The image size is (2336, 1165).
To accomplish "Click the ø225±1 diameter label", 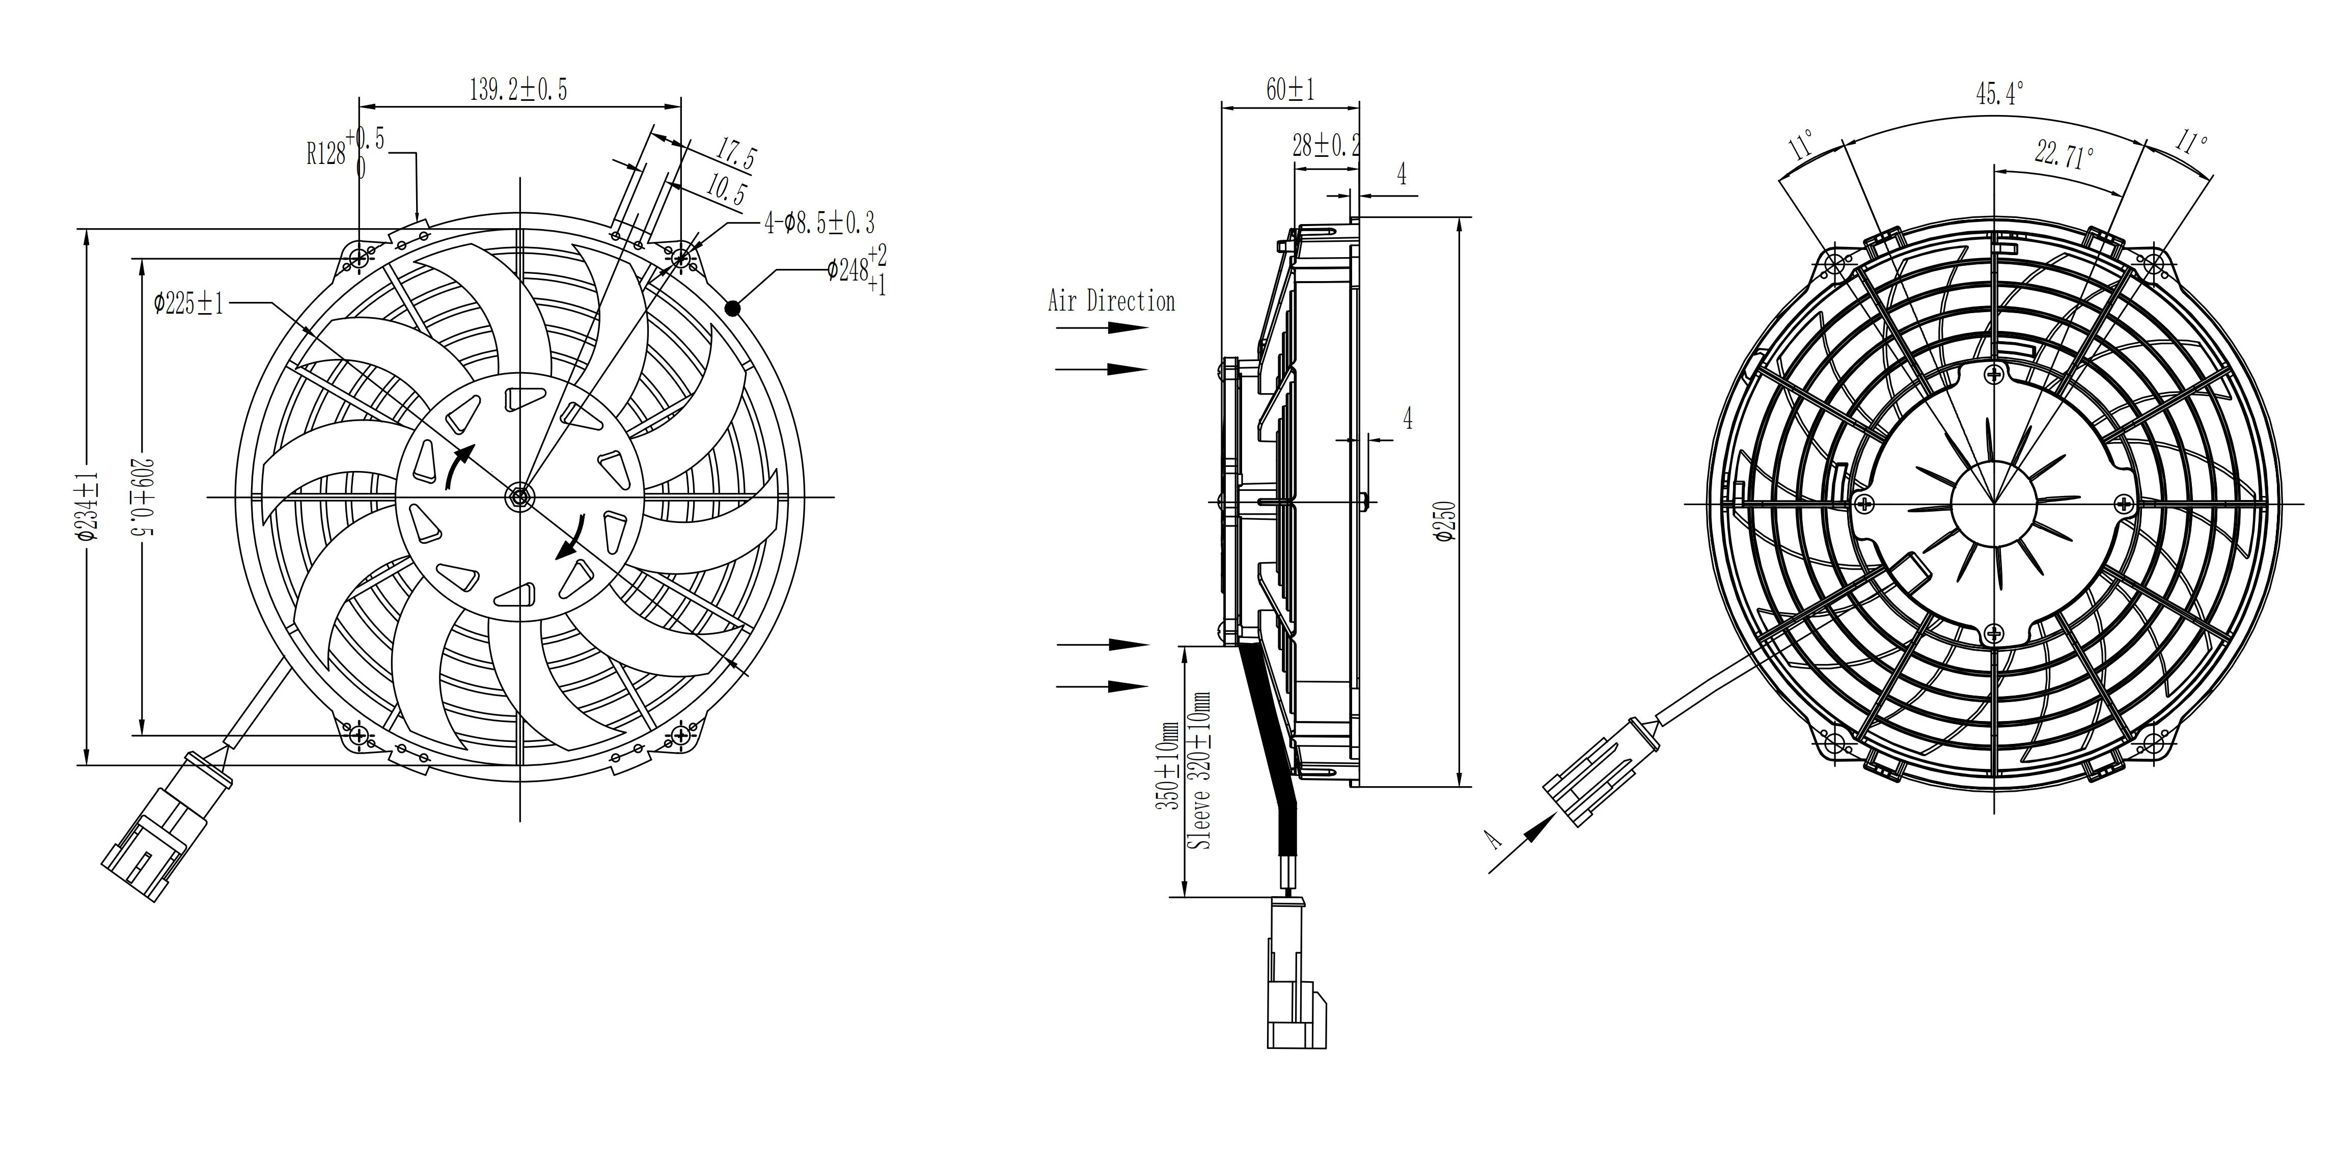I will pos(188,303).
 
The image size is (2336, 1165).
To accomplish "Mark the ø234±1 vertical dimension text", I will pos(88,506).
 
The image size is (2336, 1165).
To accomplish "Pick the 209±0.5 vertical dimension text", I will pos(145,497).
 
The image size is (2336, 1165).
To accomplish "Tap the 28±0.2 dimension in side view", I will pos(1326,145).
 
